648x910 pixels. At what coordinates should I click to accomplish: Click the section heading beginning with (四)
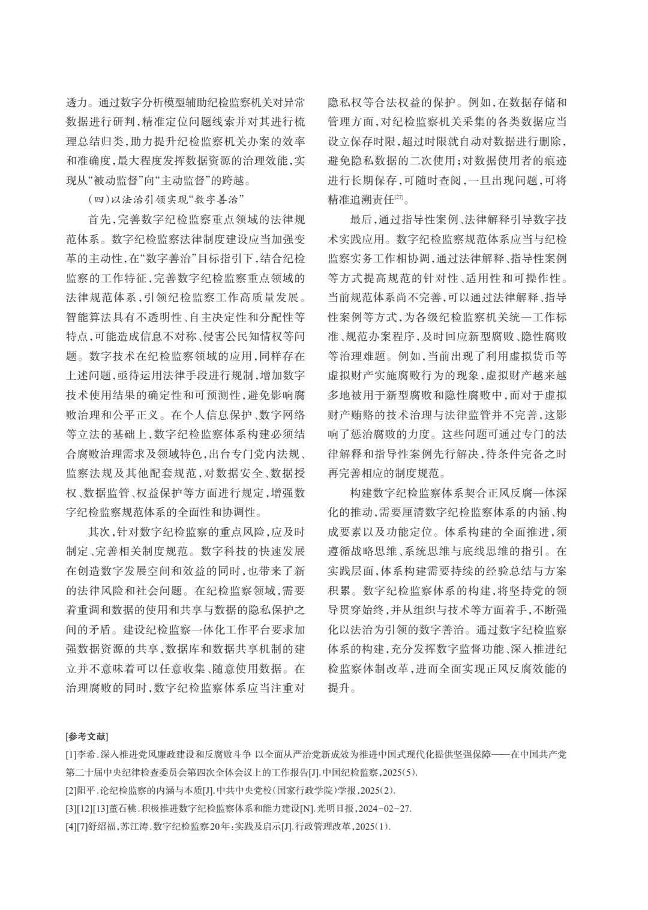coord(169,199)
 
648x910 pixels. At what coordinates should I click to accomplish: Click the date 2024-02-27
coord(386,807)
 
